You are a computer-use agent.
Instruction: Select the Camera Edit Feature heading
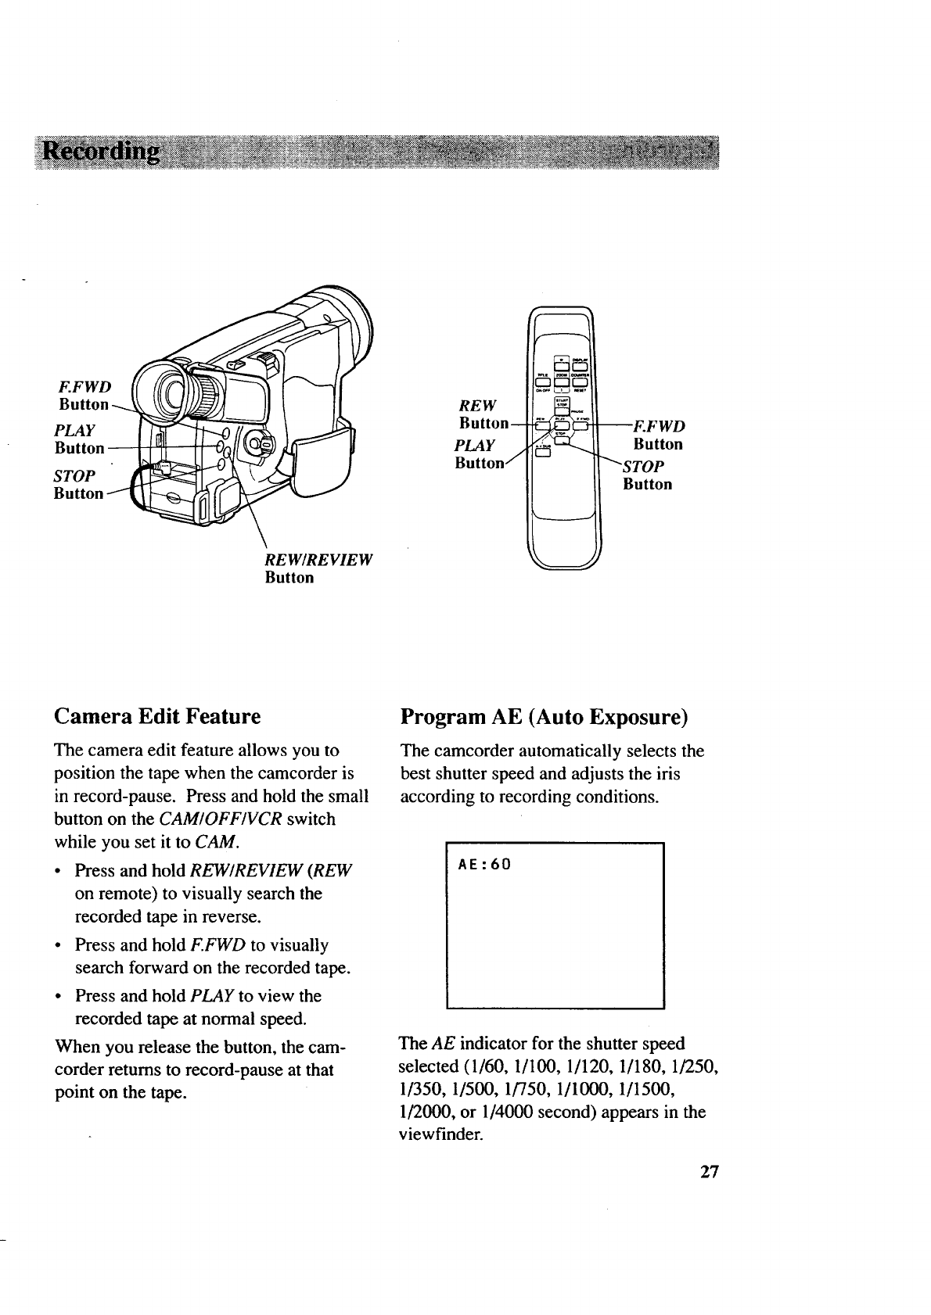point(156,716)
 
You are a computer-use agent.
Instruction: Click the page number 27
point(709,1172)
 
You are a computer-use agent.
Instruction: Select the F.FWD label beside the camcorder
point(86,386)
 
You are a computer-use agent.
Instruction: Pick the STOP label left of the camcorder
point(74,475)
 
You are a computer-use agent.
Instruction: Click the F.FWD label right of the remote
point(660,426)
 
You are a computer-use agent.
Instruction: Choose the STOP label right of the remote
point(644,466)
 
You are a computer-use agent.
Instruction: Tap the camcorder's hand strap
point(323,461)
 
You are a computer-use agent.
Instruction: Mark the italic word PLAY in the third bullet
point(213,996)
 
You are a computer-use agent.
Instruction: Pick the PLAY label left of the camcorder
point(76,430)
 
